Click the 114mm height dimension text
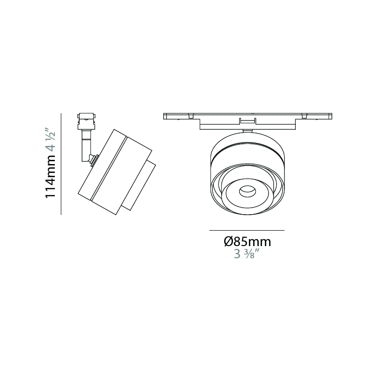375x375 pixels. [51, 176]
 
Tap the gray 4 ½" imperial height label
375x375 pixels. [51, 140]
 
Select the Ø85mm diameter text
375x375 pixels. [247, 242]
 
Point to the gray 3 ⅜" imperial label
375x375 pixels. [247, 254]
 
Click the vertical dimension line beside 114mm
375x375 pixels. [61, 164]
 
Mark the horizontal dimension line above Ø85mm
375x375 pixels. [247, 230]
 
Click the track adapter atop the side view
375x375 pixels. [86, 121]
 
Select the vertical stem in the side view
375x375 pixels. [86, 145]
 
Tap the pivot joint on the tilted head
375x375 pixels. [94, 159]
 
